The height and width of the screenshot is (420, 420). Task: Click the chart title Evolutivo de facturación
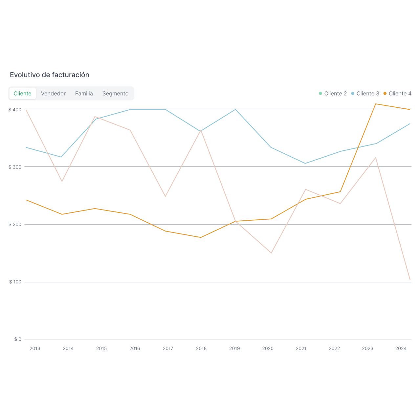[x=50, y=75]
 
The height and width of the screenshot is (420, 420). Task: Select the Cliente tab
[x=22, y=94]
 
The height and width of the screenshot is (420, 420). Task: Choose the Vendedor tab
[x=53, y=94]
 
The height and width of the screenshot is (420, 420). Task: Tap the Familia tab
[x=84, y=94]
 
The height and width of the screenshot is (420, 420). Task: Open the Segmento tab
[x=115, y=94]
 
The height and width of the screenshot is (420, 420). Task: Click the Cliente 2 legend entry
[x=333, y=94]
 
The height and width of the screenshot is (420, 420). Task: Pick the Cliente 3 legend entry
[x=365, y=94]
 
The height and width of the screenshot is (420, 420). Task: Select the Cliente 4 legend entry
[x=397, y=94]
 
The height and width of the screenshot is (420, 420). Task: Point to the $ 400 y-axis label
[x=15, y=109]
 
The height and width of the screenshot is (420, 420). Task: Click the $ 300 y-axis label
[x=15, y=167]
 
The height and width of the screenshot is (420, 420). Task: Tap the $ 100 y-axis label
[x=15, y=282]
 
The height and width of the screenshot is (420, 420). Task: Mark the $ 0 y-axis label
[x=18, y=339]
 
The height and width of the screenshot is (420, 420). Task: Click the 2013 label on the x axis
[x=35, y=348]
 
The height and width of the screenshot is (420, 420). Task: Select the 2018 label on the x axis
[x=201, y=348]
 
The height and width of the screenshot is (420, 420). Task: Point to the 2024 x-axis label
[x=401, y=348]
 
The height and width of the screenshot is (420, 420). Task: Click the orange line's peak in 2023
[x=376, y=104]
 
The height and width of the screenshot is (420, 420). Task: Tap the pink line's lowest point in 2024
[x=410, y=280]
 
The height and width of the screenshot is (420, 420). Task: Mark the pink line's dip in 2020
[x=271, y=253]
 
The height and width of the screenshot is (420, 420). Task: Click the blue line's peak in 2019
[x=235, y=109]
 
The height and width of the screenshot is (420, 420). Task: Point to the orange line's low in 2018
[x=201, y=237]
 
